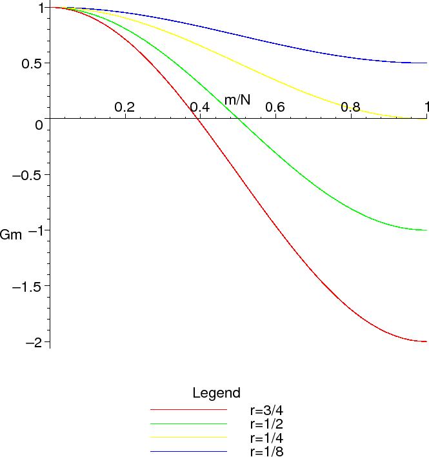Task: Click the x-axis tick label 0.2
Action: [x=125, y=107]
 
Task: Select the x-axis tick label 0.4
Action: [x=200, y=107]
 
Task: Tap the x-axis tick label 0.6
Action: [x=275, y=107]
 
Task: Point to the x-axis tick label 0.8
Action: [x=351, y=107]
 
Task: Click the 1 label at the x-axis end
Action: [x=426, y=107]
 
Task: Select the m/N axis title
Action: [x=237, y=99]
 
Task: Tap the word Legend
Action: [x=217, y=392]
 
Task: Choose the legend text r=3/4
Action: [x=266, y=410]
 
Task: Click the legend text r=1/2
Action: [x=266, y=423]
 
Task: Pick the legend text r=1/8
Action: [x=266, y=451]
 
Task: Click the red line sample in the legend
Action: [x=188, y=410]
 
